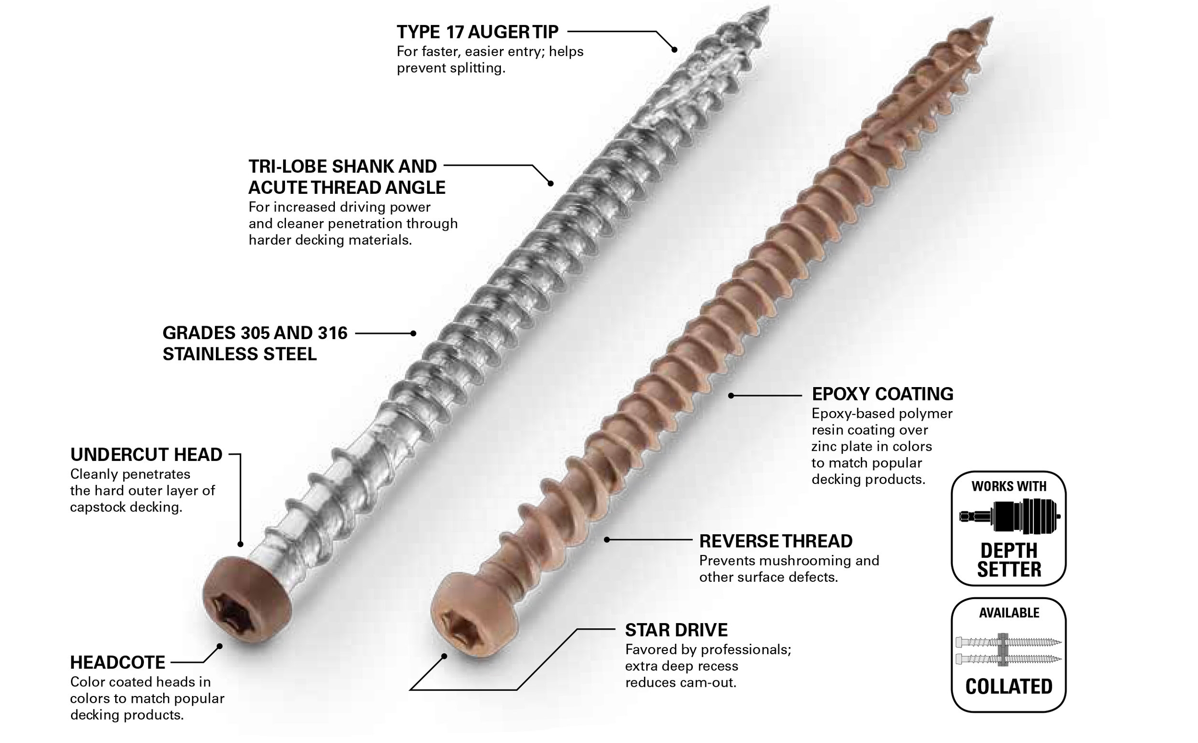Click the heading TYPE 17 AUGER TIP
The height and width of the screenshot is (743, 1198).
[x=477, y=32]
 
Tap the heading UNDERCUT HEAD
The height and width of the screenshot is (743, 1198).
[x=146, y=455]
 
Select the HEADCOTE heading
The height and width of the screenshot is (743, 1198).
[x=118, y=662]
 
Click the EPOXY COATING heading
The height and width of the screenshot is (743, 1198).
[x=882, y=394]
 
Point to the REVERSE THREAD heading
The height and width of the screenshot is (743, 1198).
[x=775, y=541]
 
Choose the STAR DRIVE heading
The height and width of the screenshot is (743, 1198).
[x=676, y=630]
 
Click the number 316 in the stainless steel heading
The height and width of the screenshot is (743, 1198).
[x=332, y=333]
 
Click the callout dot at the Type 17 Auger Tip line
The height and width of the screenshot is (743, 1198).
[x=674, y=49]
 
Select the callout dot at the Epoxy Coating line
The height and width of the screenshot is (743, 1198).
[x=731, y=396]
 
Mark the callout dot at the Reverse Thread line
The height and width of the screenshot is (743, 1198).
[x=607, y=540]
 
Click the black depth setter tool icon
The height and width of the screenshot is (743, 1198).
[x=1009, y=516]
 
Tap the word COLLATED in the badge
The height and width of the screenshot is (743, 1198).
[x=1008, y=686]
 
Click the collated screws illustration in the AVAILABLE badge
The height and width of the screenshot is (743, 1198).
[x=1008, y=649]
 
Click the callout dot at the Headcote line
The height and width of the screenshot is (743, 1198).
[x=220, y=646]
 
